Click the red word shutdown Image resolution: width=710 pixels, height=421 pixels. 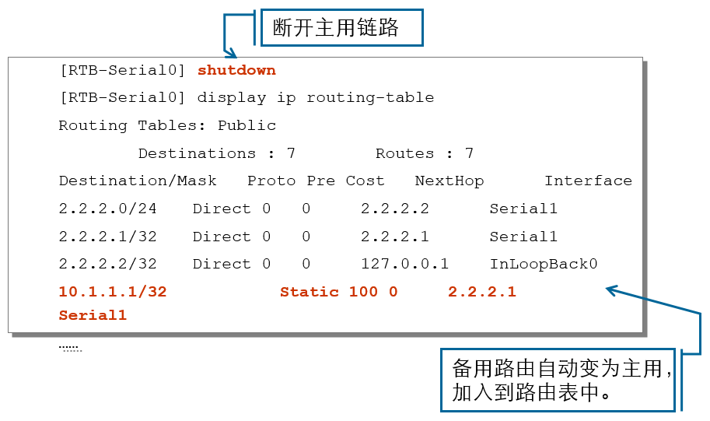click(236, 70)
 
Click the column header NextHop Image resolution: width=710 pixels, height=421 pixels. click(449, 181)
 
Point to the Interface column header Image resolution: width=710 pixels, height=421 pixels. click(588, 181)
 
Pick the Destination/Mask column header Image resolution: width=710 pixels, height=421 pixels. click(138, 181)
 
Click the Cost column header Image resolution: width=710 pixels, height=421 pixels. click(365, 181)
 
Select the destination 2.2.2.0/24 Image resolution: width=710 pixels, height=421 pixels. click(107, 209)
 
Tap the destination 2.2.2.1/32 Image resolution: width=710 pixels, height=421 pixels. click(107, 237)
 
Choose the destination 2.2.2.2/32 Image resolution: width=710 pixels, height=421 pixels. click(107, 264)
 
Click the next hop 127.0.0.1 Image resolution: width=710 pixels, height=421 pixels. click(404, 264)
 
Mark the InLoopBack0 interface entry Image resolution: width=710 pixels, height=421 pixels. click(543, 264)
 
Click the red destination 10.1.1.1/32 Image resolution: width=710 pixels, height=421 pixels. click(113, 292)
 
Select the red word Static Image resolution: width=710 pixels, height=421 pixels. click(310, 292)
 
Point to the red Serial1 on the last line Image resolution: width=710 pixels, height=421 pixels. click(93, 315)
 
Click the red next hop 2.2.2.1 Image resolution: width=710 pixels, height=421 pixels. click(482, 292)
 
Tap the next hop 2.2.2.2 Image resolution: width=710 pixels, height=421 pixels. click(394, 209)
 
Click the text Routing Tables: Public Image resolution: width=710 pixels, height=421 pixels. click(167, 125)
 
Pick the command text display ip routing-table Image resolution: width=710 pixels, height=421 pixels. click(316, 97)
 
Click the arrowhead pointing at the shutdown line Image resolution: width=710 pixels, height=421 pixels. click(230, 53)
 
